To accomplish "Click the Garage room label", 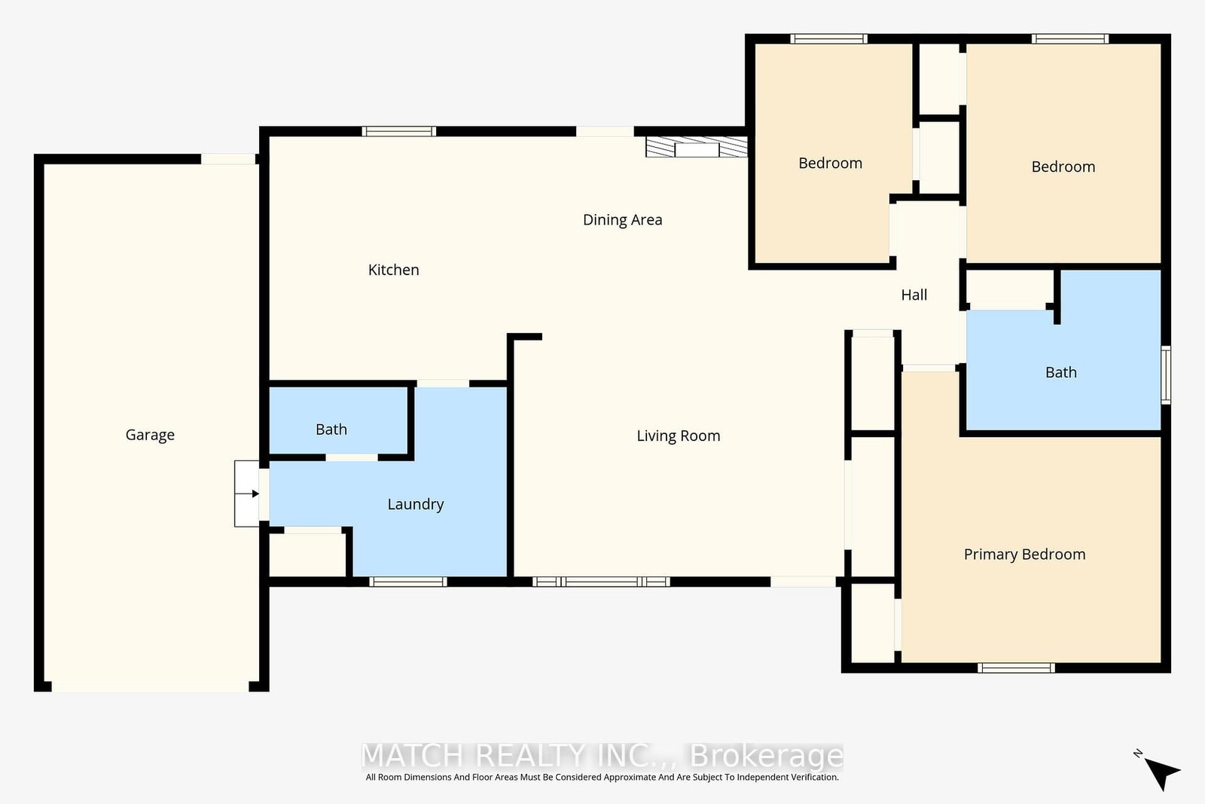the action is (150, 435).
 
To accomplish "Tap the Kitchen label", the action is (393, 270).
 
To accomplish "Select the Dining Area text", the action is (622, 219).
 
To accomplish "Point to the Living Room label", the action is (679, 436).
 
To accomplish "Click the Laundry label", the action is (415, 504).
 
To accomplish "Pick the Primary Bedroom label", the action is (1024, 555).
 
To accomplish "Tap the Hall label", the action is (914, 295).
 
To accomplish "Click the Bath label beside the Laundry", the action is (331, 430).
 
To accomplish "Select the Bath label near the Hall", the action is (1061, 372).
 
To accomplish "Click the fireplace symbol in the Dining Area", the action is (696, 147).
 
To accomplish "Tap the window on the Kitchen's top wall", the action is (398, 131).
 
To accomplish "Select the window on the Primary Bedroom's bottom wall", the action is (1016, 668).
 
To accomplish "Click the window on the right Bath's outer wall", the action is (1166, 375).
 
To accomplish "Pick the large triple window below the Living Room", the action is (601, 581).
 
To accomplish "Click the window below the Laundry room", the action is (407, 581).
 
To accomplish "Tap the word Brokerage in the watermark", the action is (766, 755).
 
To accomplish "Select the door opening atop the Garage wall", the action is (228, 159).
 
